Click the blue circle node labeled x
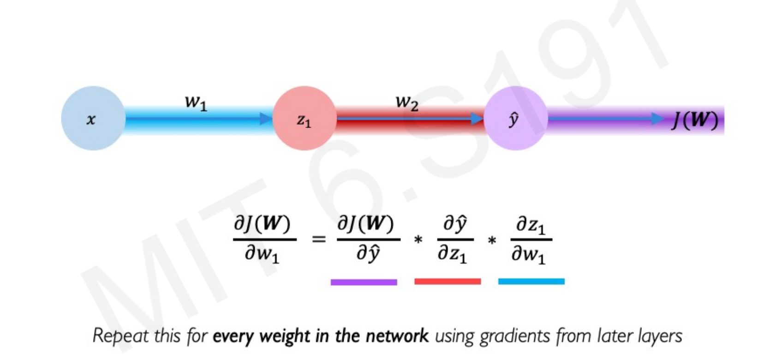[x=93, y=118]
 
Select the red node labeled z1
[x=304, y=118]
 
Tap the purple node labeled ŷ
[x=515, y=118]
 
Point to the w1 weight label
[x=196, y=102]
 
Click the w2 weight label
[x=407, y=102]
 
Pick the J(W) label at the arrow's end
[x=695, y=120]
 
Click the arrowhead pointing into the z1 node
[x=266, y=119]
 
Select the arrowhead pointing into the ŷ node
[x=477, y=119]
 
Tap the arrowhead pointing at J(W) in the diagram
[x=657, y=119]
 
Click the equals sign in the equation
[x=319, y=239]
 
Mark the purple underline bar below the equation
[x=364, y=282]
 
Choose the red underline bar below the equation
[x=448, y=281]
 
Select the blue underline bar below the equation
[x=531, y=281]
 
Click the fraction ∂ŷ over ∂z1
[x=454, y=239]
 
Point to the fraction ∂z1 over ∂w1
[x=531, y=239]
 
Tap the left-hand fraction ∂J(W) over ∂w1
[x=264, y=239]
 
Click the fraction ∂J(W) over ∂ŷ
[x=368, y=239]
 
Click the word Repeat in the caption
[x=120, y=336]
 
